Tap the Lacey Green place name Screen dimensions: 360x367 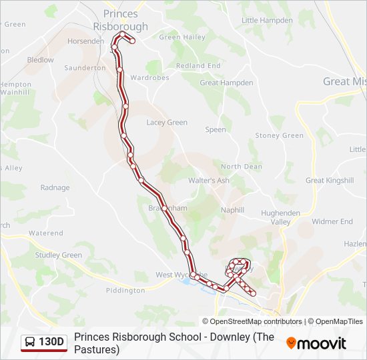(167, 123)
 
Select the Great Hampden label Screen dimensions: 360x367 (226, 83)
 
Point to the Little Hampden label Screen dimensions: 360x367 (267, 21)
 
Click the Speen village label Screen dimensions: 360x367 (216, 130)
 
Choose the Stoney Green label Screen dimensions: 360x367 (279, 135)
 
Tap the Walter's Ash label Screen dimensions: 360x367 (208, 181)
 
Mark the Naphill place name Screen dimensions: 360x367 (232, 210)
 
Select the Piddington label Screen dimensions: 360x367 (125, 291)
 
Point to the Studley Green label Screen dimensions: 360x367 (59, 255)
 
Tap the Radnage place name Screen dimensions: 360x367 (55, 188)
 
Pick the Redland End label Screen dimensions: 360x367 (198, 66)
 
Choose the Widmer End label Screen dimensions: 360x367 (332, 221)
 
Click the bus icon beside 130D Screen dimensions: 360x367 (30, 343)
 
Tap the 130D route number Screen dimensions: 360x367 (51, 343)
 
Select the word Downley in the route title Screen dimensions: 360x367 (230, 337)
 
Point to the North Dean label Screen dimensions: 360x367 (241, 167)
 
